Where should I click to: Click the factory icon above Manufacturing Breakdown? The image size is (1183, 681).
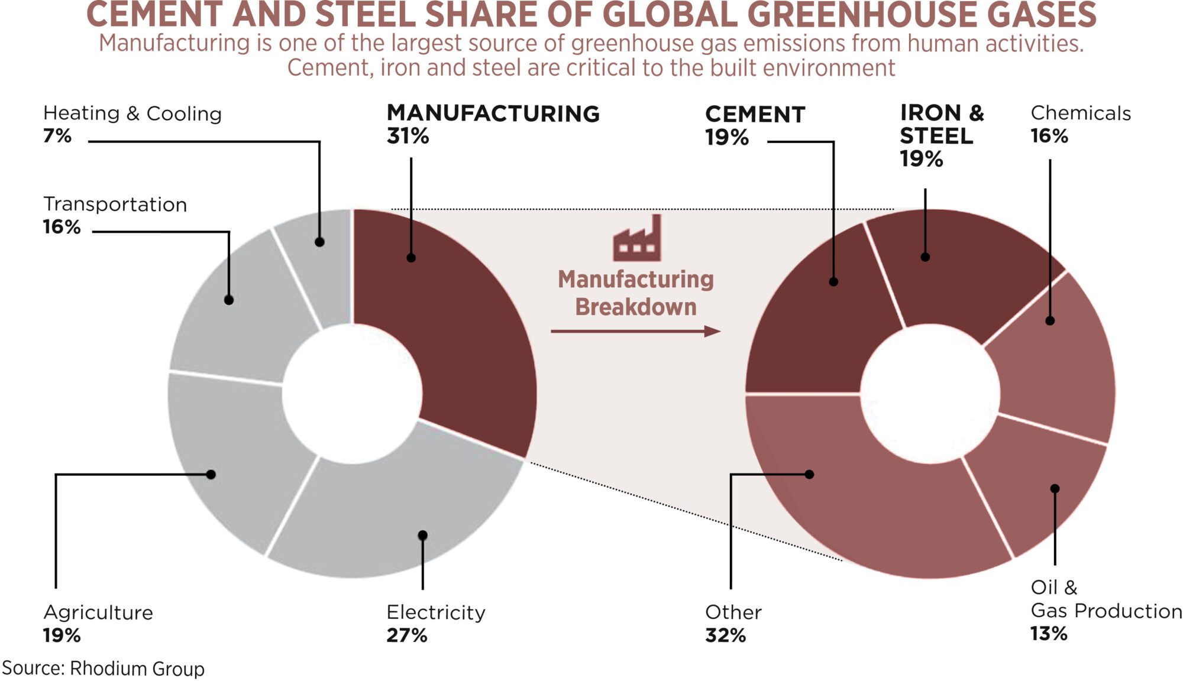(636, 239)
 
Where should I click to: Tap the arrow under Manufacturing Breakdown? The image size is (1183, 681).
(635, 332)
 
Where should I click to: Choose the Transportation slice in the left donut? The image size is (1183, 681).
(237, 313)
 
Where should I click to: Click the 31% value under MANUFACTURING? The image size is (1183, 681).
(408, 137)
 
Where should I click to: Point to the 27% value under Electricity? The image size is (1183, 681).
(407, 635)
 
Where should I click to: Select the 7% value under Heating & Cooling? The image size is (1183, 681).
(57, 136)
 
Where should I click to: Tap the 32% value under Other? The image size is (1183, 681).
(726, 635)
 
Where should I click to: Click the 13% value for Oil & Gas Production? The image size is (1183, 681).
(1049, 634)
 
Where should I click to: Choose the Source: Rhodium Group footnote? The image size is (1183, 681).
(104, 669)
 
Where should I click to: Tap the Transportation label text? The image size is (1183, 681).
(115, 205)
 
